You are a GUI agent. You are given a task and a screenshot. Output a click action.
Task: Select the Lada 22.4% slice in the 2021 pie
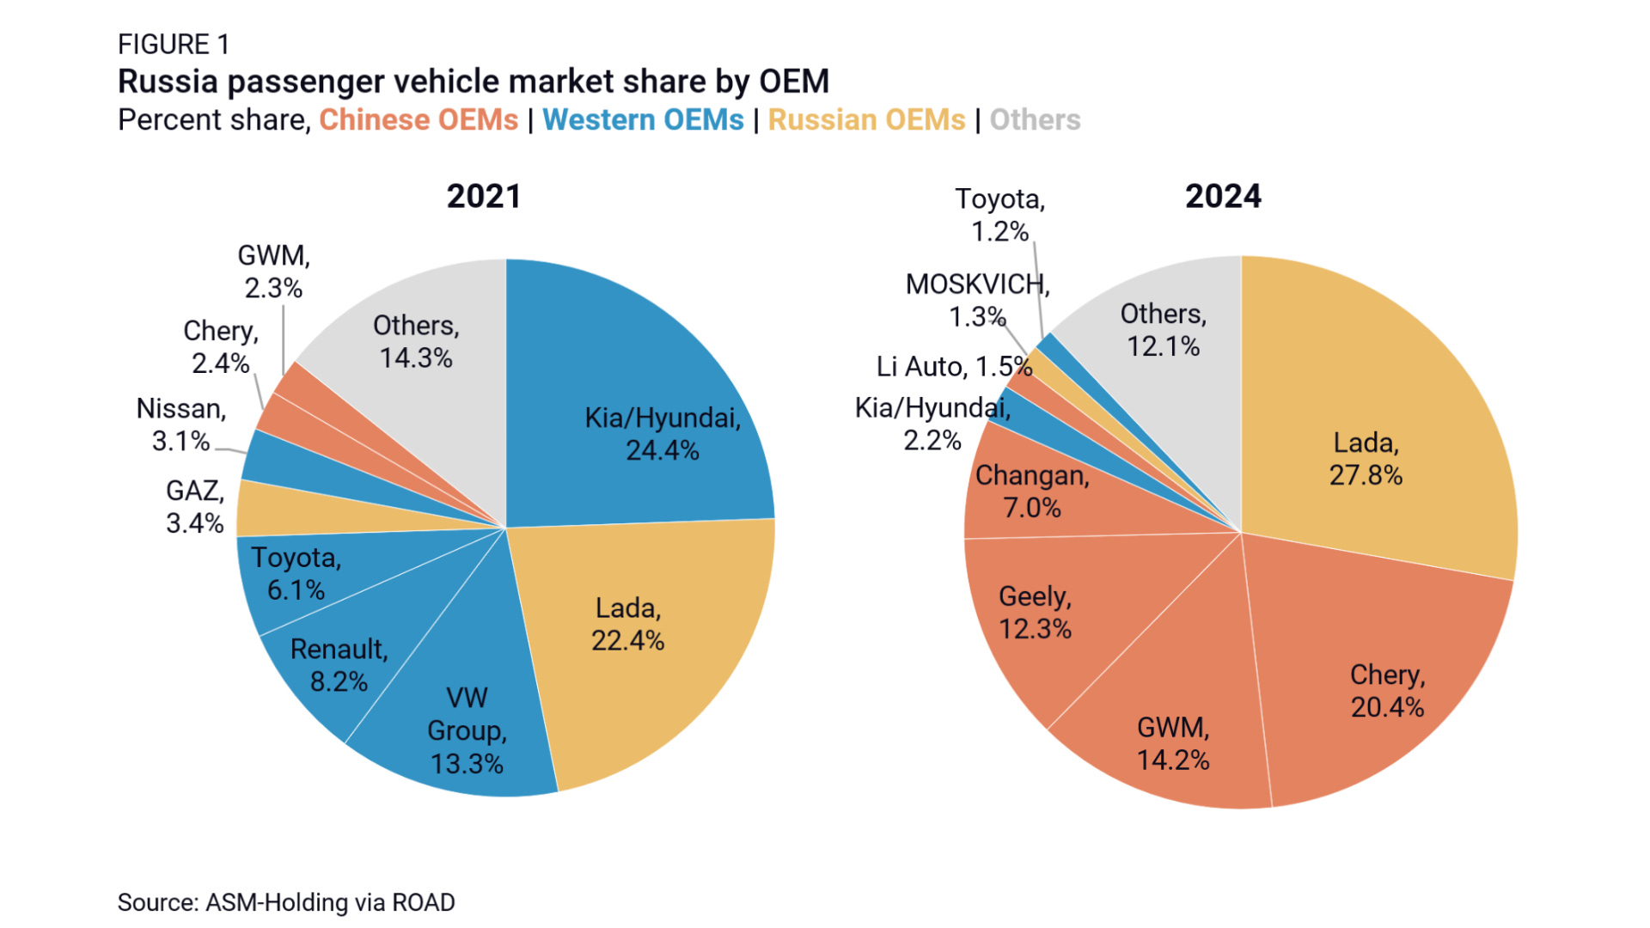point(636,636)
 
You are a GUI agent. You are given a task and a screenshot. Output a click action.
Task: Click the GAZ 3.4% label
point(195,507)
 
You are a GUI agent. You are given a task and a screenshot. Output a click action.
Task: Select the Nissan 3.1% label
point(181,424)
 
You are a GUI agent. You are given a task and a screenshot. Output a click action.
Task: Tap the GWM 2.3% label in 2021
point(273,272)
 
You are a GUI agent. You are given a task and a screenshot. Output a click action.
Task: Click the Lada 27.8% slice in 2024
point(1366,447)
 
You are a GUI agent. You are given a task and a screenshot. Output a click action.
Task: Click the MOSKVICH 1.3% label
point(977,300)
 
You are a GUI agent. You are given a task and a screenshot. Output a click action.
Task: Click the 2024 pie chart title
point(1223,197)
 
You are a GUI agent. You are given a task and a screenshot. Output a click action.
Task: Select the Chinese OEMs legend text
point(419,120)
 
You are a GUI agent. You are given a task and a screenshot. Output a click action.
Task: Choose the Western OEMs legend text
point(643,120)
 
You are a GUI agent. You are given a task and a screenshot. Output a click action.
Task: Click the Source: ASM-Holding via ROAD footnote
point(286,902)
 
